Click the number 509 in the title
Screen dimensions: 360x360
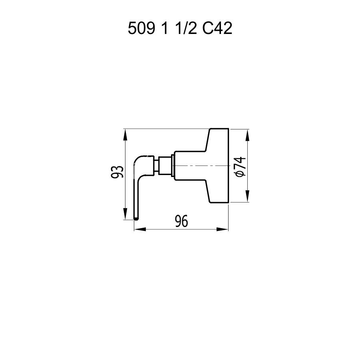click(141, 28)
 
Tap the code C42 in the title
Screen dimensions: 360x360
click(217, 28)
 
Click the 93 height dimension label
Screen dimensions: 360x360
click(117, 171)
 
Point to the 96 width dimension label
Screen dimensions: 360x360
click(181, 221)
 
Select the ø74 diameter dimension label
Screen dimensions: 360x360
click(241, 167)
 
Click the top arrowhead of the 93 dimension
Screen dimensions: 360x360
click(125, 135)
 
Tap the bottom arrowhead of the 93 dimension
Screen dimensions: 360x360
click(125, 214)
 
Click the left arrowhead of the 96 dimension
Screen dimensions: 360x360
click(140, 229)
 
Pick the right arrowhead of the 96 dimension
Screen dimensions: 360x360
click(222, 229)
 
